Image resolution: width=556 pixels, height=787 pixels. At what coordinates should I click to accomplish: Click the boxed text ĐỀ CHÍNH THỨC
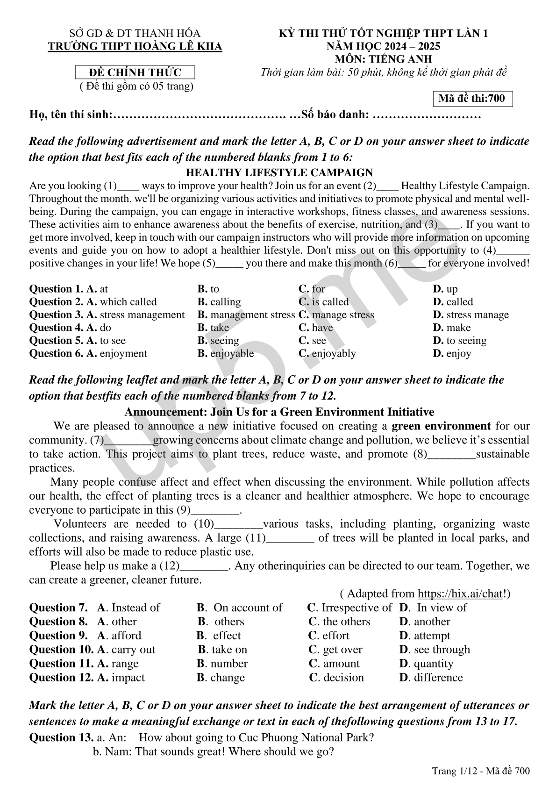click(135, 72)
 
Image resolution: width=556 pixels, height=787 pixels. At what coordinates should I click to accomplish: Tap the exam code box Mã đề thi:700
click(472, 99)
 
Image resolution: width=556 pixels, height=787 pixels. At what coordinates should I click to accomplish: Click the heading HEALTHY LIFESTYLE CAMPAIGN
click(279, 172)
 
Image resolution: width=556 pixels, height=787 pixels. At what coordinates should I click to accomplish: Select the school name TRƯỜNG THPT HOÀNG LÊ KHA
click(135, 46)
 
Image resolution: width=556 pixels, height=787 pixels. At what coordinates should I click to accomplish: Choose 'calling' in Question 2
click(225, 302)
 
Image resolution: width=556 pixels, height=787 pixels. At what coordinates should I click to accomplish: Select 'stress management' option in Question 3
click(142, 315)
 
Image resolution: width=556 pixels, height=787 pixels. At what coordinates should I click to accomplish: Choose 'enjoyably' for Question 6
click(333, 353)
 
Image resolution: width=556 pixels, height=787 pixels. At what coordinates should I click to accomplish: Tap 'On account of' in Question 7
click(247, 608)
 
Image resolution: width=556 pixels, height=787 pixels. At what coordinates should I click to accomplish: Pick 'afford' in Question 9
click(126, 636)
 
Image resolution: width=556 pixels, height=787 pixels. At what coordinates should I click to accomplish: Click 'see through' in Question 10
click(442, 650)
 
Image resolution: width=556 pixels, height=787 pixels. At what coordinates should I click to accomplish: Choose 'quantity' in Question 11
click(433, 664)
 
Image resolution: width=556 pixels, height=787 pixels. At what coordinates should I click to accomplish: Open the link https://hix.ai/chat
click(459, 594)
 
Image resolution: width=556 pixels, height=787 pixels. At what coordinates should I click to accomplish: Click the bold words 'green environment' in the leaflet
click(441, 426)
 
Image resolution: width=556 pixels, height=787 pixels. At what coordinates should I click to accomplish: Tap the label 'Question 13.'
click(61, 738)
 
